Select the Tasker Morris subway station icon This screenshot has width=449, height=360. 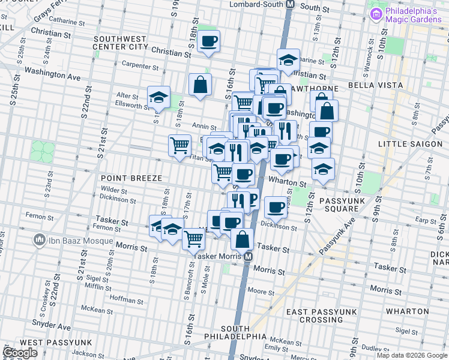tap(247, 257)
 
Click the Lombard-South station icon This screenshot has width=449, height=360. tap(291, 4)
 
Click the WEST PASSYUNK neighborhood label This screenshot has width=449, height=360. tap(59, 342)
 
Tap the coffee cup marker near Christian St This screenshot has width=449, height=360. tap(209, 41)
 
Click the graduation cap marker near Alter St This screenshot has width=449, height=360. tap(159, 97)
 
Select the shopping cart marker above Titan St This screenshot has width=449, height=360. tap(180, 145)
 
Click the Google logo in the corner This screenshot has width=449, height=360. tap(20, 353)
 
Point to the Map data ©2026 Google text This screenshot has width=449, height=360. tap(411, 355)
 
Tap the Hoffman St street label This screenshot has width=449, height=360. tap(124, 298)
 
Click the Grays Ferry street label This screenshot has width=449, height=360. tap(50, 10)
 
